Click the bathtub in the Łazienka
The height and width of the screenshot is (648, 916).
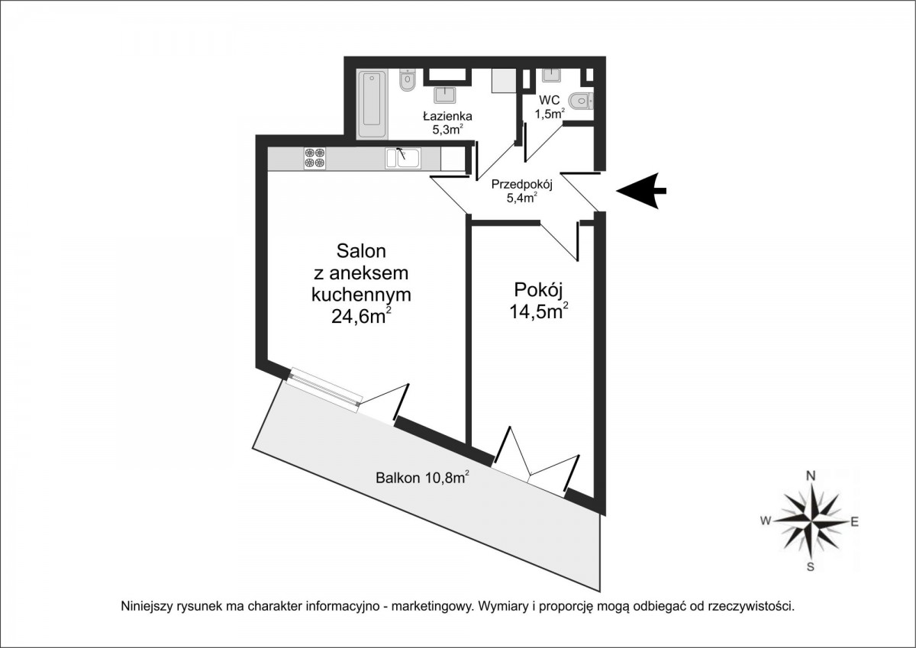(x=373, y=105)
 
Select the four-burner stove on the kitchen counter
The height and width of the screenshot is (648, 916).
(x=314, y=158)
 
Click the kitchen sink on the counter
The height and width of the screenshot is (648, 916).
(x=403, y=158)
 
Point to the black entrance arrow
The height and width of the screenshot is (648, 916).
(x=641, y=191)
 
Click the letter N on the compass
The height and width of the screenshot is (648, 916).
(x=811, y=476)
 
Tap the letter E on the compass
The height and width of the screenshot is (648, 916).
(x=854, y=521)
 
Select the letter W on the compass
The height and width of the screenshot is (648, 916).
(x=766, y=521)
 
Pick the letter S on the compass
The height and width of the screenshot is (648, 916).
(x=810, y=566)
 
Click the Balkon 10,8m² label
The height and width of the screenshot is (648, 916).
(x=422, y=478)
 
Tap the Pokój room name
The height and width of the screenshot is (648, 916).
(x=539, y=290)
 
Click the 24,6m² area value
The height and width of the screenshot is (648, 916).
(x=362, y=316)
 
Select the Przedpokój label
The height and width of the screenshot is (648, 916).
(x=522, y=185)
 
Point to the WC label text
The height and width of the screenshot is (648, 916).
(x=549, y=100)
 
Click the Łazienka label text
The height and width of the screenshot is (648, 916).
(x=448, y=116)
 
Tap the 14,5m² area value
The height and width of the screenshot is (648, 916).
(x=539, y=312)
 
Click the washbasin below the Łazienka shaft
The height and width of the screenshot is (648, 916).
(x=444, y=95)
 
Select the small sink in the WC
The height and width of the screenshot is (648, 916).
(x=552, y=76)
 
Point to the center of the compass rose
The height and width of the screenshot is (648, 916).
(x=811, y=521)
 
